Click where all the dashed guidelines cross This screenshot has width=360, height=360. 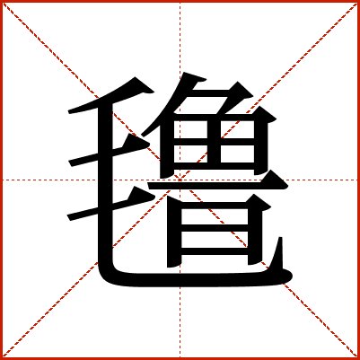coord(180,180)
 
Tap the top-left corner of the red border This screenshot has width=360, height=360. coord(1,1)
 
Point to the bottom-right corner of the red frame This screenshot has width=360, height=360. coord(358,358)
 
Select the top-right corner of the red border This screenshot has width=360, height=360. coord(358,1)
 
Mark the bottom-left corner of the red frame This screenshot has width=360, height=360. coord(1,358)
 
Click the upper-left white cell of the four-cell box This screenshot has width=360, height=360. coord(190,129)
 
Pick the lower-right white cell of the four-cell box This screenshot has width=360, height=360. coord(237,154)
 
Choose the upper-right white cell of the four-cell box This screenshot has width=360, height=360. coord(237,129)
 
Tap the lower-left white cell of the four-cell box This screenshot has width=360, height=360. coord(190,154)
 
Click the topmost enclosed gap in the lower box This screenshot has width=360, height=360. coord(215,216)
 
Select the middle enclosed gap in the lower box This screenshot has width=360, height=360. coord(215,240)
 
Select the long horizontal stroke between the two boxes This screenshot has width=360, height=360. coord(218,185)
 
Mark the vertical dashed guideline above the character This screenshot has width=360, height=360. coord(180,37)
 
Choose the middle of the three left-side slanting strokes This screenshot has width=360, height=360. coord(110,151)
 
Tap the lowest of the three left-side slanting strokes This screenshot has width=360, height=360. coord(110,204)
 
